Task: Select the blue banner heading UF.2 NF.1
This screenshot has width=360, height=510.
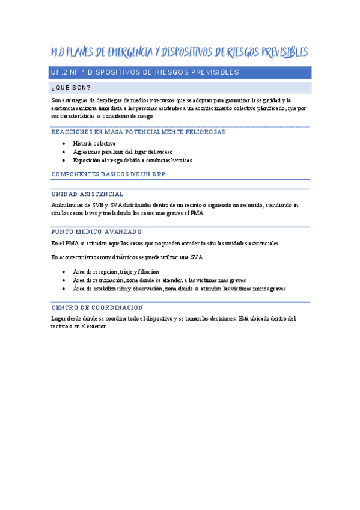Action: pos(145,73)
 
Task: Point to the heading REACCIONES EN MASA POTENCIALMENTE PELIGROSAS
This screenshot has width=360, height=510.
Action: pos(138,132)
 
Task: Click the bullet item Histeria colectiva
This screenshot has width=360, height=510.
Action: pos(94,144)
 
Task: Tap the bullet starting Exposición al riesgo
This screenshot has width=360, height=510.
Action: pos(132,161)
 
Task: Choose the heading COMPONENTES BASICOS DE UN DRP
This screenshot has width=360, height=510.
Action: pos(108,174)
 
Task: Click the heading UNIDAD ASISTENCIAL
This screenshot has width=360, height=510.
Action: pos(88,194)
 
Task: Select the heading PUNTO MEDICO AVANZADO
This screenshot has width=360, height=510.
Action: pos(97,232)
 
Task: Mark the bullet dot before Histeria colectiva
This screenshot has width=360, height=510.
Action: pos(64,144)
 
